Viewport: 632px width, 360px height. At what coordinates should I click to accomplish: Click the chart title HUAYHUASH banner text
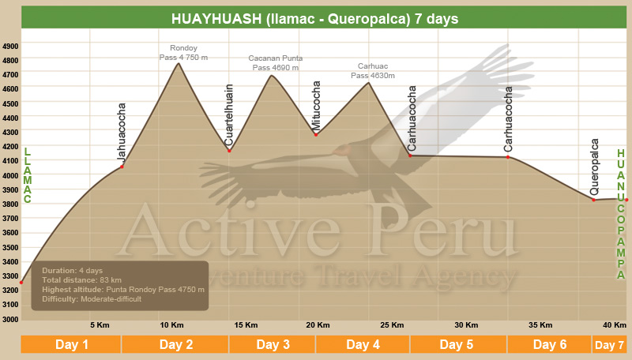(314, 19)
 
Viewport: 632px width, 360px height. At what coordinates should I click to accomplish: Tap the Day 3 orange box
(272, 345)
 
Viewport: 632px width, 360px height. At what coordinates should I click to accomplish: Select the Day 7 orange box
(609, 345)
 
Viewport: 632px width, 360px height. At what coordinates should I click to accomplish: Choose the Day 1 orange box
(71, 345)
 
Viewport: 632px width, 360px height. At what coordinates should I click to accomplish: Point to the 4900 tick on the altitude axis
(10, 47)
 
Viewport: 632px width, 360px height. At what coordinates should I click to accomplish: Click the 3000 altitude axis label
(10, 319)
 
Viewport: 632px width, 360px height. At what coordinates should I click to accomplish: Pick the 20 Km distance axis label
(318, 325)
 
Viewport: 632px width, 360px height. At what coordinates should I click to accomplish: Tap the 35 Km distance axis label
(540, 325)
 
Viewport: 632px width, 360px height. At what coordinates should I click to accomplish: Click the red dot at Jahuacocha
(122, 167)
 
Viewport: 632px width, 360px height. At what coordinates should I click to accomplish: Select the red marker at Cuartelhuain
(229, 151)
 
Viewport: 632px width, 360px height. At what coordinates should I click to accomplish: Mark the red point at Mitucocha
(316, 135)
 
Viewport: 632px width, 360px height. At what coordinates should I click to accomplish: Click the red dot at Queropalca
(594, 200)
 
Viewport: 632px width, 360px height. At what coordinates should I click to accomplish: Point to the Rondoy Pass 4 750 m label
(183, 53)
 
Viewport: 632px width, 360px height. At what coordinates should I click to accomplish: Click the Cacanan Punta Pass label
(275, 63)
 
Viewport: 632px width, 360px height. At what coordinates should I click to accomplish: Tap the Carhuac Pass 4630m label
(373, 71)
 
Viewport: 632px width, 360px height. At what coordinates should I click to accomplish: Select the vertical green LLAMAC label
(27, 175)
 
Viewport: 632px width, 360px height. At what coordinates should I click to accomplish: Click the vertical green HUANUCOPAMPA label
(621, 214)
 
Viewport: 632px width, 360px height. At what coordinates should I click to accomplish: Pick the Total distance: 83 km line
(81, 279)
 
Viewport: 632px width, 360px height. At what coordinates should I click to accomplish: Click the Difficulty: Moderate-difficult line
(92, 299)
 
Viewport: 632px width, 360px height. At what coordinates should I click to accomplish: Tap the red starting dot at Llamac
(21, 283)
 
